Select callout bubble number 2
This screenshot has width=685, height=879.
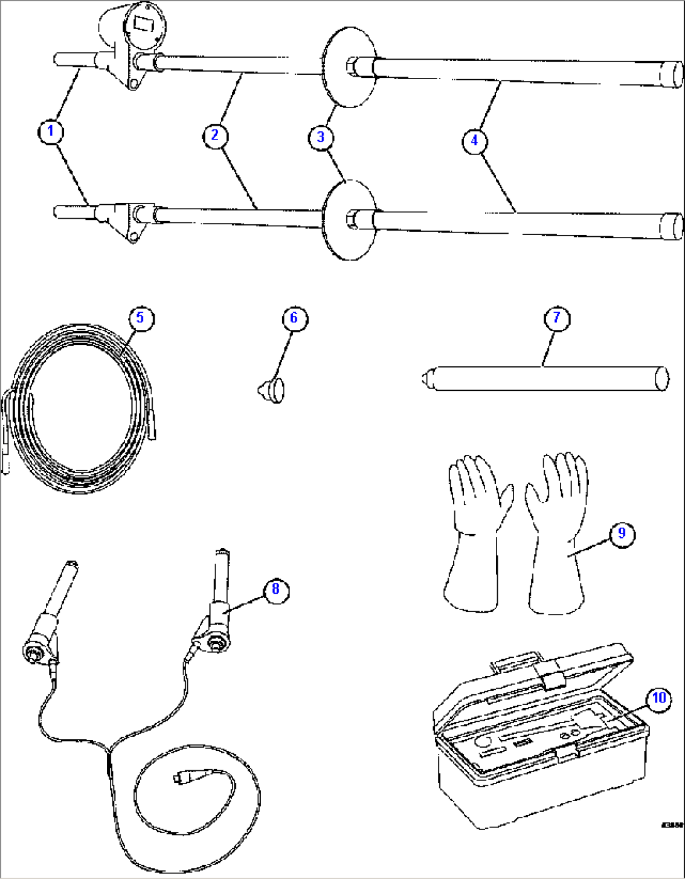[215, 135]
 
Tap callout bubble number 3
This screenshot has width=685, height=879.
[321, 136]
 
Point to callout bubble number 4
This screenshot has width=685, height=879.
[474, 140]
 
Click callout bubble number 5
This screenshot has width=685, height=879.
[140, 318]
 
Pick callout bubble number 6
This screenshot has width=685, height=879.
[293, 318]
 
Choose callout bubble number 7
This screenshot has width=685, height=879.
[556, 318]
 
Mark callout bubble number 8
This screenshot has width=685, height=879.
[275, 589]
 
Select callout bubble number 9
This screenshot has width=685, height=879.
[622, 533]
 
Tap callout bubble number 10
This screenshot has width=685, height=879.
[658, 698]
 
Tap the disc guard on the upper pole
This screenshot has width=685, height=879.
[349, 67]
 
